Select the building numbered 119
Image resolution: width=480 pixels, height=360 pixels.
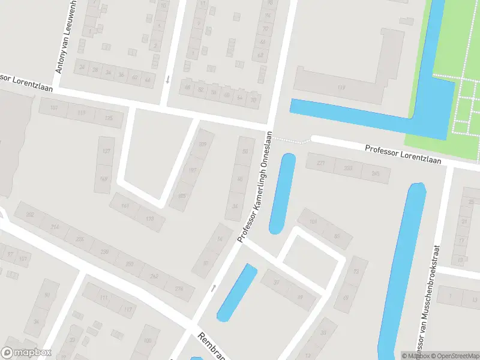(x=342, y=89)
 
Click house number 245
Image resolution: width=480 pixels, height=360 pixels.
(x=376, y=174)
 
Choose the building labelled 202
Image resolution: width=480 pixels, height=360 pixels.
(x=30, y=214)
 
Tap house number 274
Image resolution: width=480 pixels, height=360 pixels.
(x=179, y=289)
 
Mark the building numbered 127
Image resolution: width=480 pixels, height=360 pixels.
(x=107, y=151)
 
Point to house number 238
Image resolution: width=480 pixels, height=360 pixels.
(x=104, y=252)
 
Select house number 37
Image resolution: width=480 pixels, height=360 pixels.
(x=277, y=281)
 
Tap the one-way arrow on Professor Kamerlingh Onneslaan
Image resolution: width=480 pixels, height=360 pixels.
(x=213, y=289)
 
